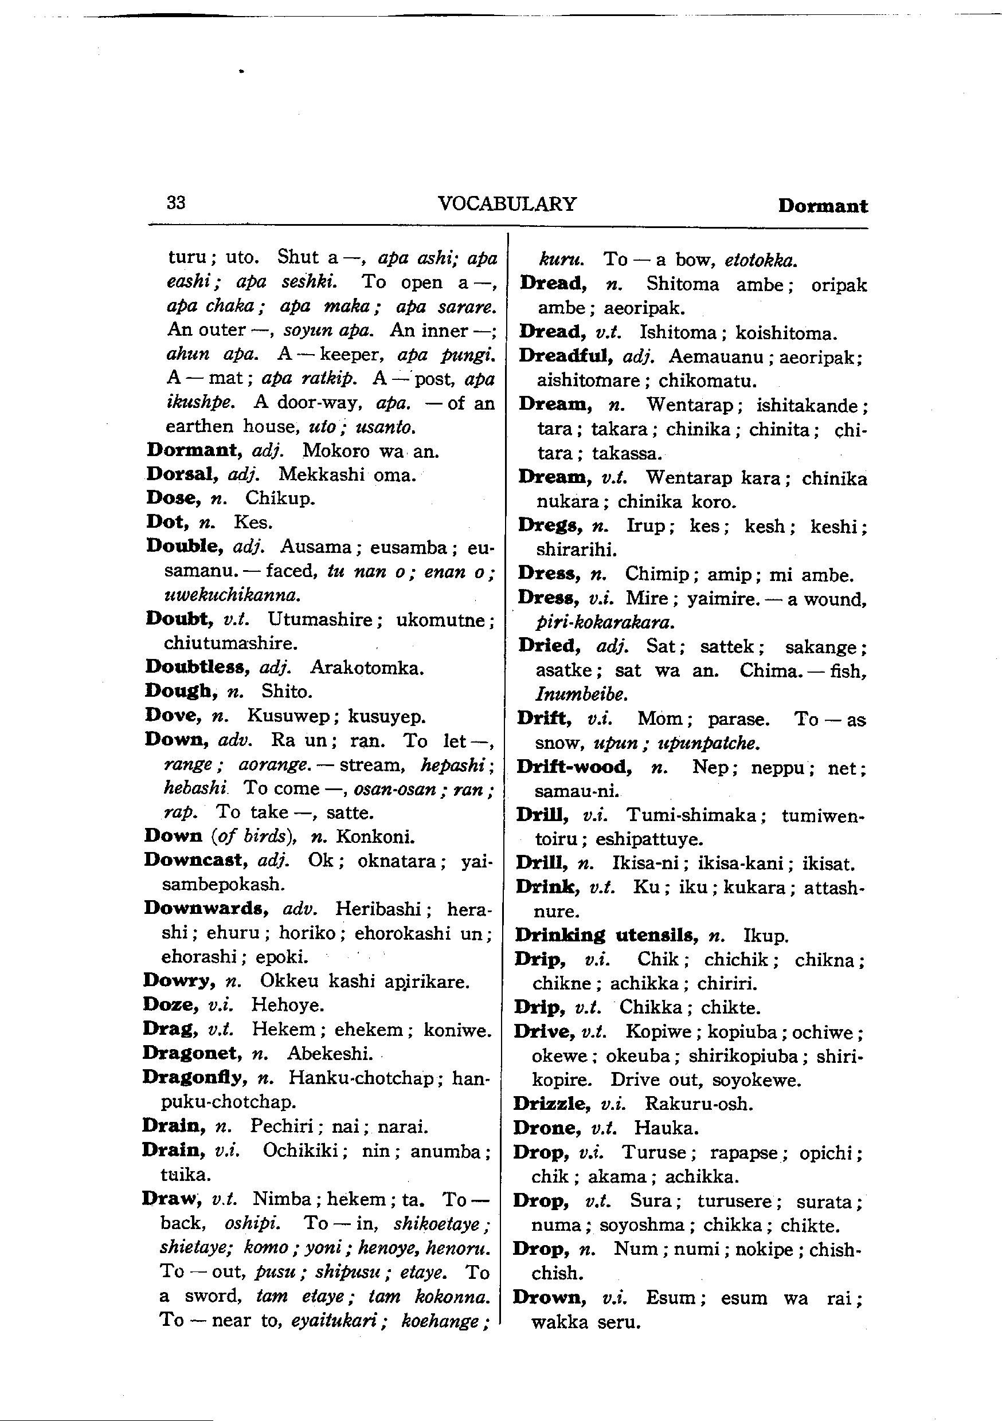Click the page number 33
point(176,202)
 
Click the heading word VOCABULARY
point(507,203)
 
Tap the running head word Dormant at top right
point(823,206)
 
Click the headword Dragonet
point(192,1053)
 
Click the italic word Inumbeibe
point(581,694)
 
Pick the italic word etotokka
point(761,260)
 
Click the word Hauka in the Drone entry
point(666,1128)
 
